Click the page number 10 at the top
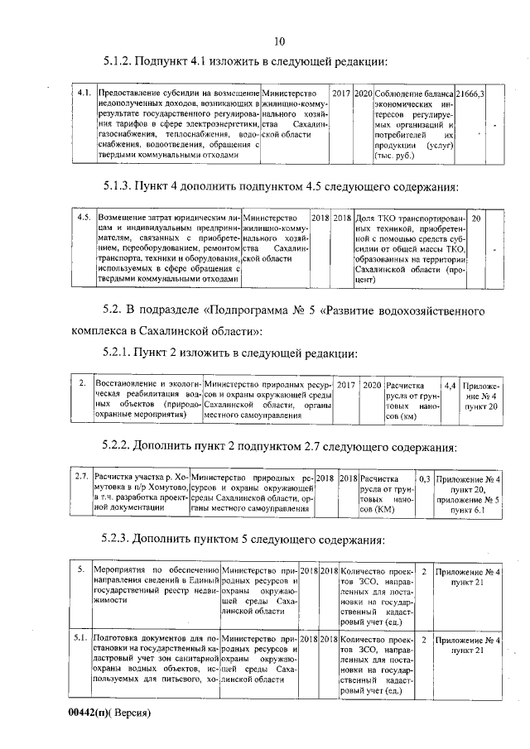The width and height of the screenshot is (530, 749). pos(278,41)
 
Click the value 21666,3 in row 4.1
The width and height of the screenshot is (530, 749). pos(470,95)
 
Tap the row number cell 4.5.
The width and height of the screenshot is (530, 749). pos(84,217)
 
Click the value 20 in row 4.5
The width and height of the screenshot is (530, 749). pos(476,217)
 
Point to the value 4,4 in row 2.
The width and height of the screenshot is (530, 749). pos(449,386)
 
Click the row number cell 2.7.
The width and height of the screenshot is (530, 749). pos(81,478)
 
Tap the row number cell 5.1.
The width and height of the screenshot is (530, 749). pos(80,639)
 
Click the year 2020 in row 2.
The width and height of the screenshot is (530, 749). pos(372,386)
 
